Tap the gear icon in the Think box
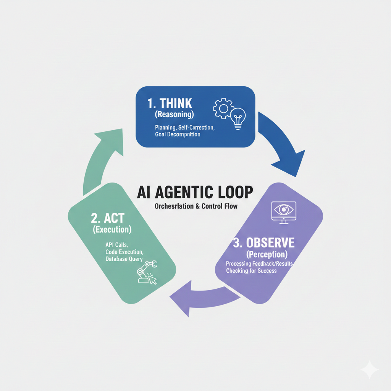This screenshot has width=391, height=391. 221,108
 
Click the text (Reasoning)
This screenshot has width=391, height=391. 174,115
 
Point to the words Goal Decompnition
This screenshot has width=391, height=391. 178,134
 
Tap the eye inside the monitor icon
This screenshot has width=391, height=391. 283,210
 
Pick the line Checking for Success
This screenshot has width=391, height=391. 251,271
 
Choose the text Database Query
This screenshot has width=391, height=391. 124,259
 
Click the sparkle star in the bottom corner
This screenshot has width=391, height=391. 370,369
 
